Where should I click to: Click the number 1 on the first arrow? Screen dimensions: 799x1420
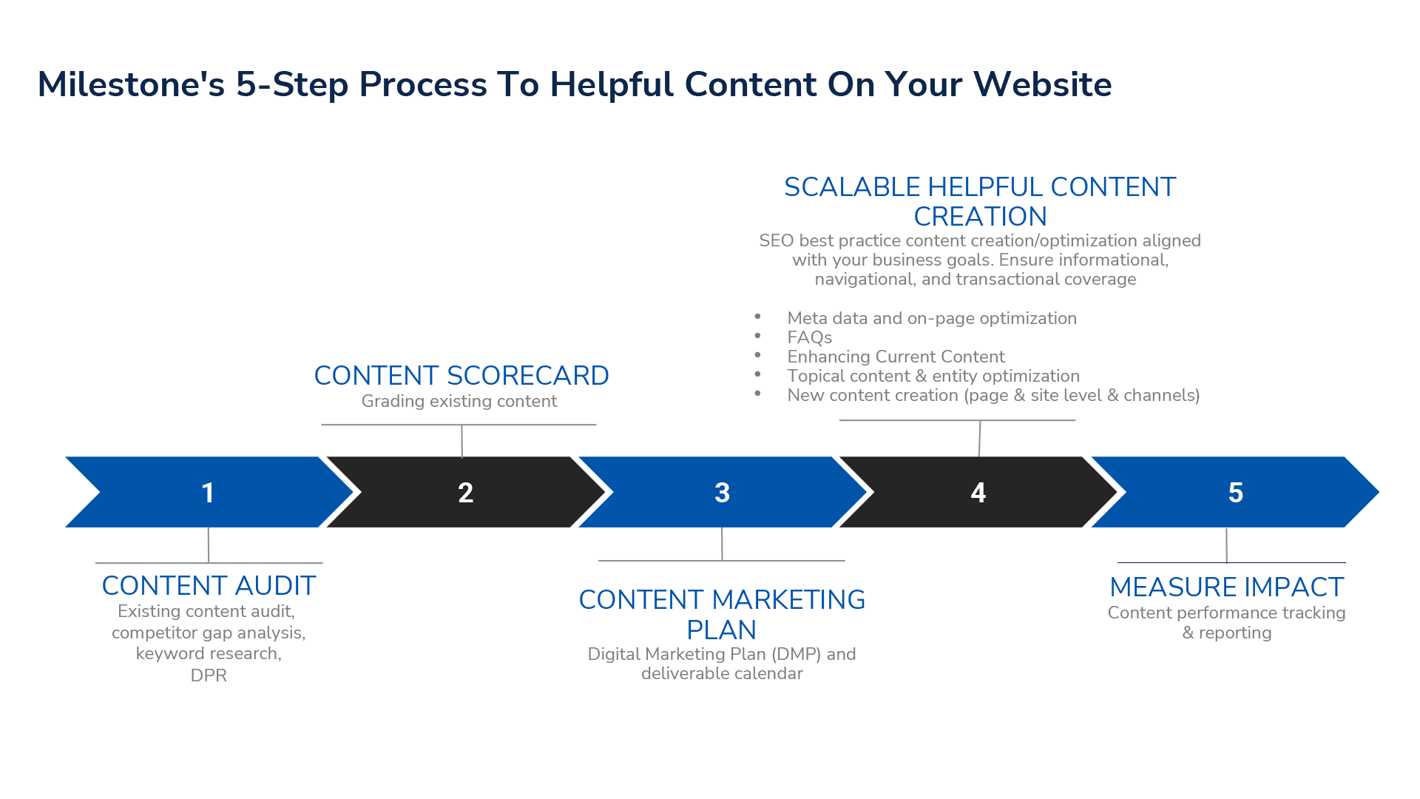[208, 493]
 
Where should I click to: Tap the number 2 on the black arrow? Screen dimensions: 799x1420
[465, 493]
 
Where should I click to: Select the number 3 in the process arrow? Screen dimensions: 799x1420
[722, 493]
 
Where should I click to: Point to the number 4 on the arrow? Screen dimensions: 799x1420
[978, 493]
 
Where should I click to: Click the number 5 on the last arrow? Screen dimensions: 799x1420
[1235, 493]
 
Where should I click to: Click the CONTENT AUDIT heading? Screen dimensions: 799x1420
[209, 586]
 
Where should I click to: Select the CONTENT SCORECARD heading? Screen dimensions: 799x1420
[461, 376]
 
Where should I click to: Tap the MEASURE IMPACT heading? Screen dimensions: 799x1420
[1226, 587]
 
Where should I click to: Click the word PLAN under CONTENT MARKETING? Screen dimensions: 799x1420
[721, 630]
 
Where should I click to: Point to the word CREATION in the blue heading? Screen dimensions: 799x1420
[980, 217]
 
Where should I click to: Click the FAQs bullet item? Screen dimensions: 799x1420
[809, 338]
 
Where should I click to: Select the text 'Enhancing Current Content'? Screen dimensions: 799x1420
[896, 357]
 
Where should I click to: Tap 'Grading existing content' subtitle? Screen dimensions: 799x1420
[459, 401]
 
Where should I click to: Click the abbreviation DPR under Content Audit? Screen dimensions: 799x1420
[209, 675]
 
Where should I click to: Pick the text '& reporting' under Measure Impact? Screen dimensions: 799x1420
[1226, 633]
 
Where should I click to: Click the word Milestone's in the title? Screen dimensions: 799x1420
[131, 84]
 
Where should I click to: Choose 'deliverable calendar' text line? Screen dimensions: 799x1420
[722, 674]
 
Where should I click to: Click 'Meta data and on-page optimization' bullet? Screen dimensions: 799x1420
[932, 319]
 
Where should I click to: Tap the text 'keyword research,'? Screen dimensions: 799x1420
[209, 654]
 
